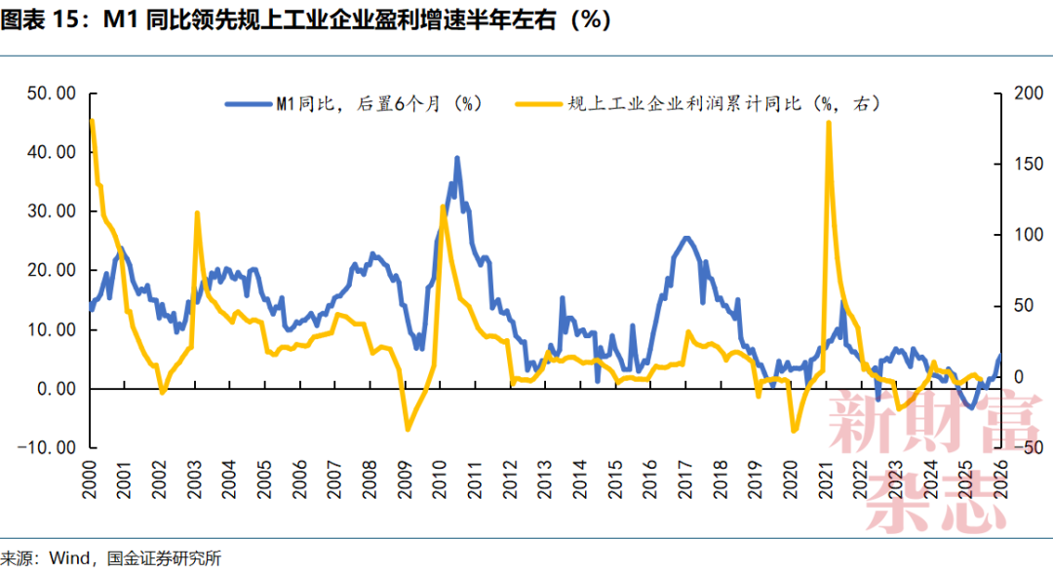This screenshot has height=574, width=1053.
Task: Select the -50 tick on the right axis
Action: [x=1027, y=447]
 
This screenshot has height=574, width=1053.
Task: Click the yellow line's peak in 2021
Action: [x=828, y=123]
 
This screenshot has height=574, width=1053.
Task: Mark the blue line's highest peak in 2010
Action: [x=456, y=158]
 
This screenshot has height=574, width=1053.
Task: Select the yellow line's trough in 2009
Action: [x=408, y=430]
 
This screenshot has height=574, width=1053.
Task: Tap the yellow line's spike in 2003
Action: [x=197, y=212]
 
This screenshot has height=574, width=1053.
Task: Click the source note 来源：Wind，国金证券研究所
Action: [x=111, y=559]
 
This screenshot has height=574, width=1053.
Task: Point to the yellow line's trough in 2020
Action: [x=795, y=430]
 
